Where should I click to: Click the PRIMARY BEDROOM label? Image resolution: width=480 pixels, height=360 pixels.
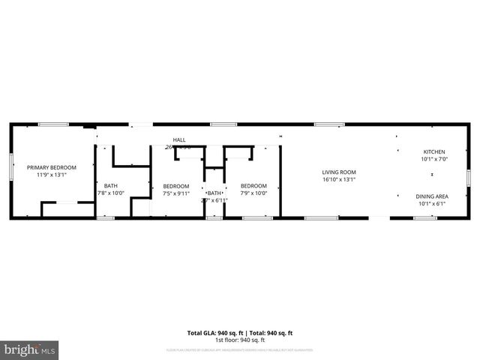pyautogui.click(x=52, y=167)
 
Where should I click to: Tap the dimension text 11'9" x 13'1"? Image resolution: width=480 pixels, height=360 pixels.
pyautogui.click(x=52, y=175)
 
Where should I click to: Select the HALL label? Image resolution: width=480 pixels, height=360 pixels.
pyautogui.click(x=179, y=139)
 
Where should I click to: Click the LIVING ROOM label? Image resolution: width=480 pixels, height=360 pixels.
pyautogui.click(x=338, y=172)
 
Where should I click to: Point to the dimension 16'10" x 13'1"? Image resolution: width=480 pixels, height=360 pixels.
pyautogui.click(x=338, y=179)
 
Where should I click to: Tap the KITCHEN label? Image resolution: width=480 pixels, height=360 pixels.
pyautogui.click(x=433, y=151)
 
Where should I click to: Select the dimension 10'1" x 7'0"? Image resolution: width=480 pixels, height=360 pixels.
pyautogui.click(x=433, y=159)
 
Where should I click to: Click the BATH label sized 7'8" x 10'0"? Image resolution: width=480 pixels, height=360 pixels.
pyautogui.click(x=110, y=186)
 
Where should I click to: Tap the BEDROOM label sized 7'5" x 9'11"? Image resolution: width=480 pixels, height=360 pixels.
pyautogui.click(x=176, y=186)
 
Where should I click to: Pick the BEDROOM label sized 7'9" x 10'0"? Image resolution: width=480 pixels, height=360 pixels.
pyautogui.click(x=253, y=186)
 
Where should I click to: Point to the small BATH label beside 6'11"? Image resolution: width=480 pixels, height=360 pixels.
pyautogui.click(x=214, y=193)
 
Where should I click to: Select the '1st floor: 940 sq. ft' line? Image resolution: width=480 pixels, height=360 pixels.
pyautogui.click(x=239, y=340)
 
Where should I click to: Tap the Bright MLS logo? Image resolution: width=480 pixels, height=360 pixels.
pyautogui.click(x=30, y=349)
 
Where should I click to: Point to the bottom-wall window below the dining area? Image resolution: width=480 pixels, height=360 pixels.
pyautogui.click(x=425, y=218)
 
